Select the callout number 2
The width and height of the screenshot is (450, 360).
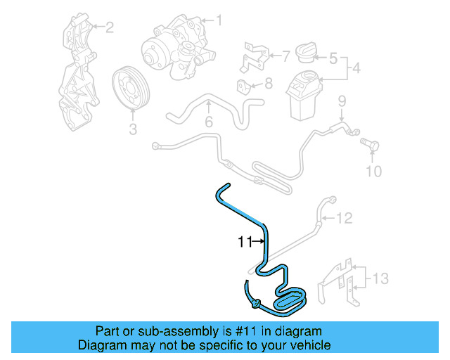(109, 27)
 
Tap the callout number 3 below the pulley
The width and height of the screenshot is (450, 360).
(131, 129)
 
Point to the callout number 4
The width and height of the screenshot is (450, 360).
(356, 70)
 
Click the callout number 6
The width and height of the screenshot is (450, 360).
(208, 123)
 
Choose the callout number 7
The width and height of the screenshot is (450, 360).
(285, 54)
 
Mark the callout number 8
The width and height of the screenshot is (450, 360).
(267, 84)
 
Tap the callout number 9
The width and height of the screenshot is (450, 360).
(342, 101)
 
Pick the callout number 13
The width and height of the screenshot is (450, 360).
(380, 279)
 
